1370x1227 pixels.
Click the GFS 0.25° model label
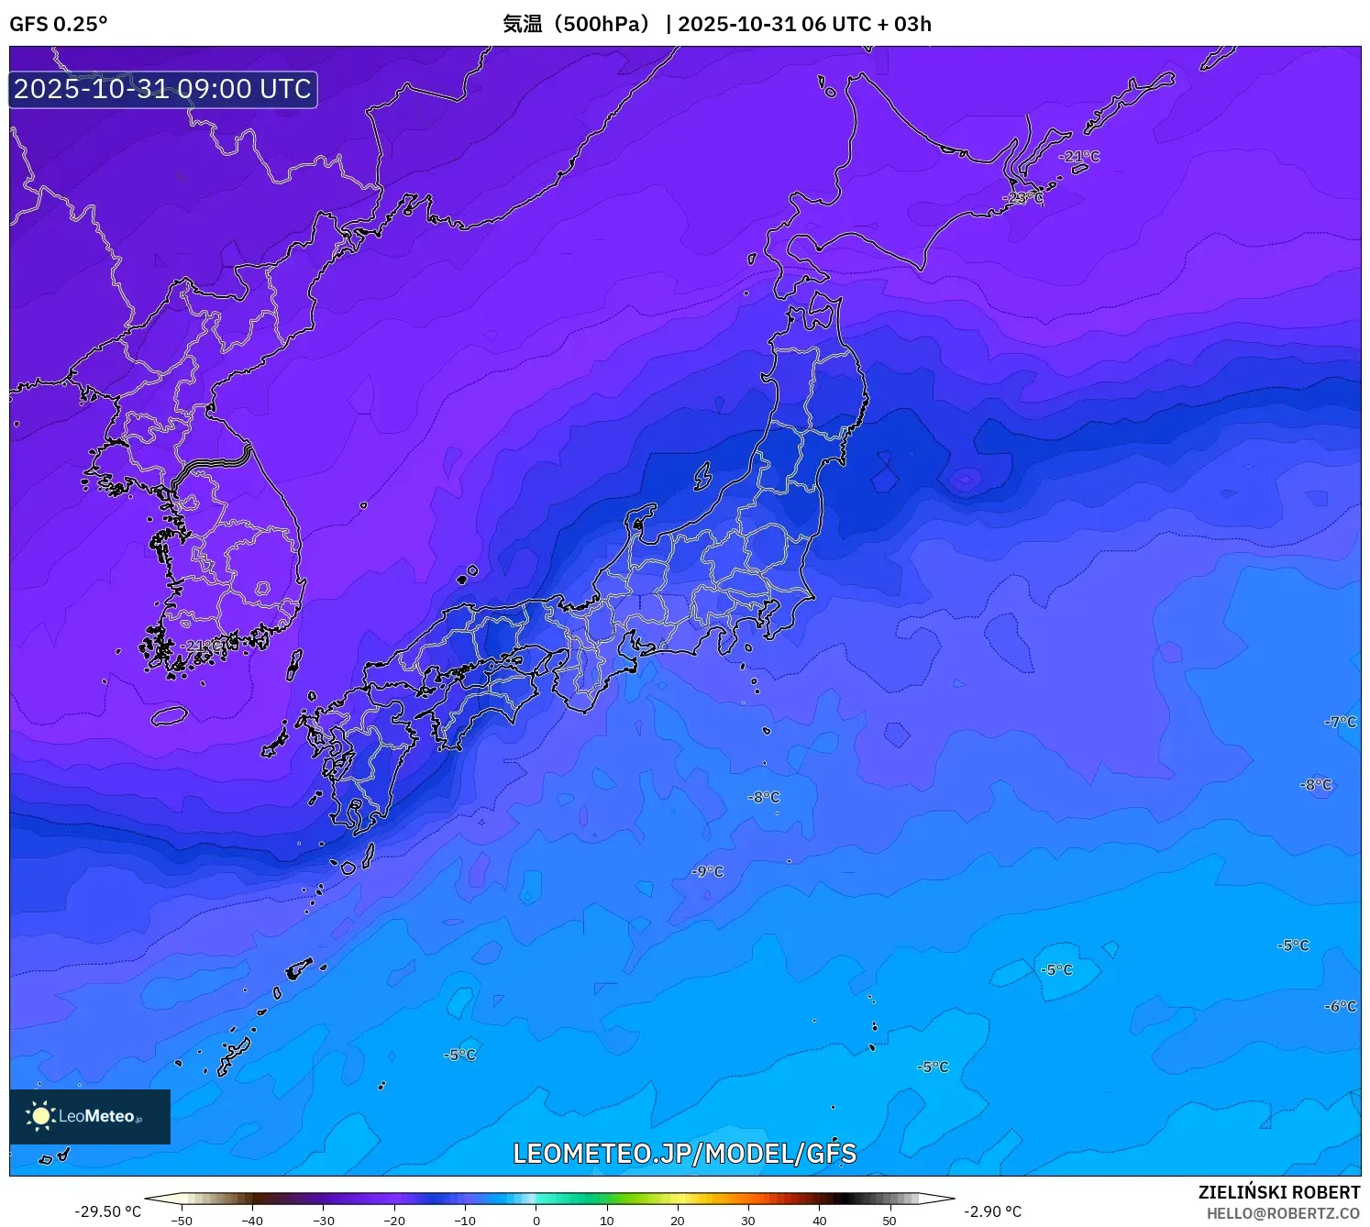58,24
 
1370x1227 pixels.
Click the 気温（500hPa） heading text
575,24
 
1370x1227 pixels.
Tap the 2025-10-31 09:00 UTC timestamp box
163,89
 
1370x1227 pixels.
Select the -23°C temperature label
1022,197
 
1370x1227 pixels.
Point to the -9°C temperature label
707,871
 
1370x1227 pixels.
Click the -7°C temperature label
1340,722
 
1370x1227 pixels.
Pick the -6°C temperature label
1340,1006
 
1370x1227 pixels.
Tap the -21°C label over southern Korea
200,647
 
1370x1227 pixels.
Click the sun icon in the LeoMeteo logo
41,1115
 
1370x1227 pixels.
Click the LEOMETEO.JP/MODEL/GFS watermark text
684,1154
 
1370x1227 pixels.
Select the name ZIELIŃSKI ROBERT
1278,1192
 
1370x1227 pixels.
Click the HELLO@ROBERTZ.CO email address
1282,1213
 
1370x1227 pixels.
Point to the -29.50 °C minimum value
108,1211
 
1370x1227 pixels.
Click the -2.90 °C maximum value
992,1211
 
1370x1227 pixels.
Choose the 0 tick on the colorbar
536,1221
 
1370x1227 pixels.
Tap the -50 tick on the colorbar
182,1221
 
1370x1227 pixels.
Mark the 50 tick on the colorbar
889,1221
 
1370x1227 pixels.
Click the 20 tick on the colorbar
678,1221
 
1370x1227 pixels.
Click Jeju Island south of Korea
170,715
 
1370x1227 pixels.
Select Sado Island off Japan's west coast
702,476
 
